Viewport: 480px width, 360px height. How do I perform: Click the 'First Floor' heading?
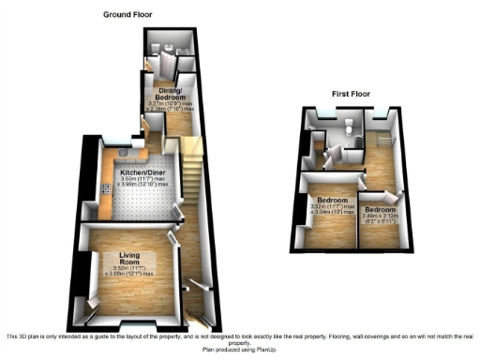[352, 95]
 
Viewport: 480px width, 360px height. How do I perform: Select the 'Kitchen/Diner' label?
[142, 173]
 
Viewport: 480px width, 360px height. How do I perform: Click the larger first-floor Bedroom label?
[333, 201]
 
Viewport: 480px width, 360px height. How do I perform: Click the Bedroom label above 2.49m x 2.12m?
[380, 208]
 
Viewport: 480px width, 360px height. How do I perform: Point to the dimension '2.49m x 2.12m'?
[380, 217]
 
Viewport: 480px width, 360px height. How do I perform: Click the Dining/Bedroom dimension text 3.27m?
[161, 102]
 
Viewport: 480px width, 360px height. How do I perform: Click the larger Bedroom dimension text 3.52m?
[321, 208]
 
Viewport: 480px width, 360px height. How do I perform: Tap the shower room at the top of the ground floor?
[169, 47]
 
